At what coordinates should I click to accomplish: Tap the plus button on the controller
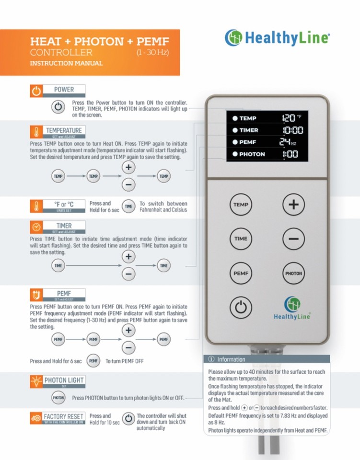tap(293, 205)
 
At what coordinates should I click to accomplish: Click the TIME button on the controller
tap(241, 239)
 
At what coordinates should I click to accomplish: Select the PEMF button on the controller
tap(241, 274)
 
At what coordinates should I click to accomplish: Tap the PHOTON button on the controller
tap(293, 274)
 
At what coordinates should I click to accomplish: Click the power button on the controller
tap(241, 308)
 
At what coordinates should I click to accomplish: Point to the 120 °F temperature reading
tap(291, 118)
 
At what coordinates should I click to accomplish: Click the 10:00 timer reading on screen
tap(293, 130)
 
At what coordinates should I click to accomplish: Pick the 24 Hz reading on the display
tap(288, 142)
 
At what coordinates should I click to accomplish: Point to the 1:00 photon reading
tap(290, 154)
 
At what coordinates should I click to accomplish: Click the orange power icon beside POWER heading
tap(36, 91)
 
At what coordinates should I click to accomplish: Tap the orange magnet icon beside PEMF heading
tap(36, 295)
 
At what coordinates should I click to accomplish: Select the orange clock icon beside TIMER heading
tap(36, 227)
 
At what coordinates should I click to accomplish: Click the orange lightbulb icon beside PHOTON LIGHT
tap(36, 381)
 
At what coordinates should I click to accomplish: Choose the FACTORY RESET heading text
tap(64, 416)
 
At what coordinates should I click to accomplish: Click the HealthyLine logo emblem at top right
tap(233, 37)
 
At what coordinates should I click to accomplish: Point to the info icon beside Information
tap(211, 359)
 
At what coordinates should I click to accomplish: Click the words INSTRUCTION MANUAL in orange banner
tap(66, 63)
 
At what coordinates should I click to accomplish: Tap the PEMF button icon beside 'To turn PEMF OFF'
tap(93, 361)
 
